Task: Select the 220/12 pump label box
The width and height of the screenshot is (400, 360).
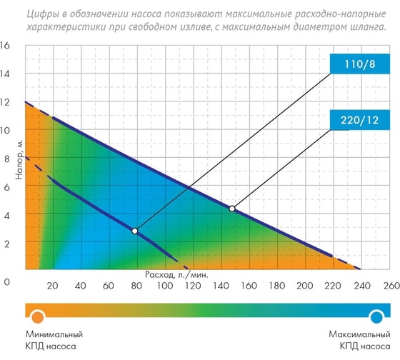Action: coord(360,121)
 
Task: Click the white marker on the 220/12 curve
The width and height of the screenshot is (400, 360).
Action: coord(232,209)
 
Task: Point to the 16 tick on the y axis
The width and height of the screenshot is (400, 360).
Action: coord(6,46)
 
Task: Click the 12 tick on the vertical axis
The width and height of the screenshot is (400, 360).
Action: coord(6,102)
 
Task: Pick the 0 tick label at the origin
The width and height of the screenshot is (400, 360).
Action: coord(6,281)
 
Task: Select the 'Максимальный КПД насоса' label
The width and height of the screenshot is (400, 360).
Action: coord(359,339)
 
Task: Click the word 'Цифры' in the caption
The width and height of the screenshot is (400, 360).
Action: coord(38,12)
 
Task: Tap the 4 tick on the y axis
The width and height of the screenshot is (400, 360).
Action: coord(6,215)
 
